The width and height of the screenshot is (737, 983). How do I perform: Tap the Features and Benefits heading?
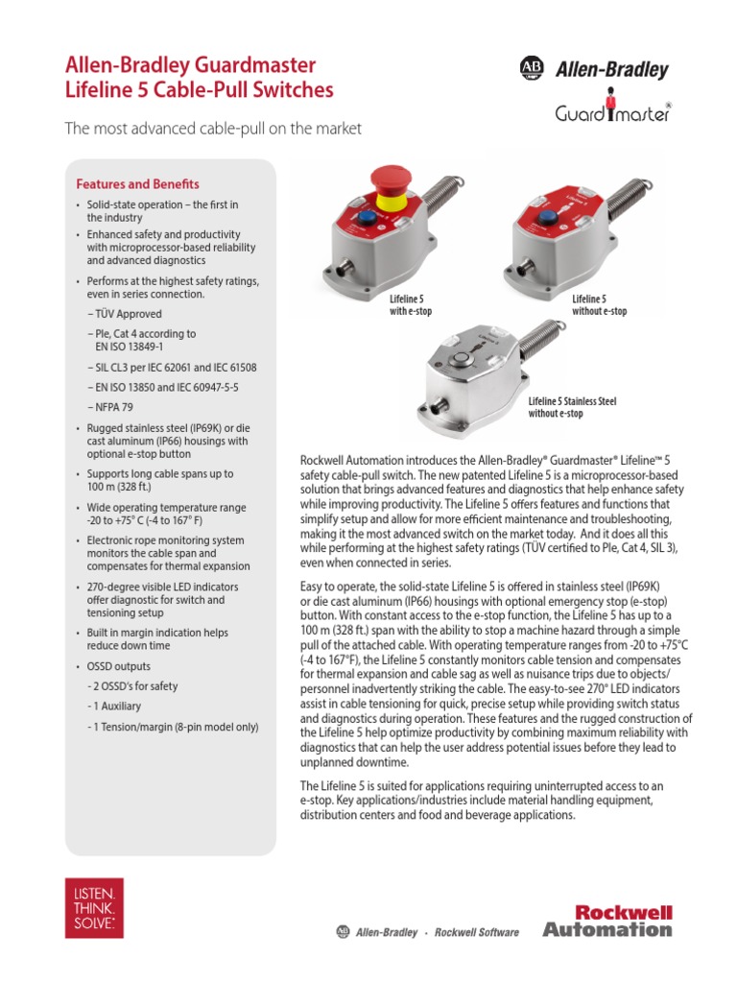(x=137, y=183)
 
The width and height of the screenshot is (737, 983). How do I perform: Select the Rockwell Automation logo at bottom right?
(x=607, y=920)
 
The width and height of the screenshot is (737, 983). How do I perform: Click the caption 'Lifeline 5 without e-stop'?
(x=599, y=305)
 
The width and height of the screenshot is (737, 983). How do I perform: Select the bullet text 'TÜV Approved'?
(x=128, y=314)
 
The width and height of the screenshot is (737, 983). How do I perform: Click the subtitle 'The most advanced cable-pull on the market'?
(x=212, y=129)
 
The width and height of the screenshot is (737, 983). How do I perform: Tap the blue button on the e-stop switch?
(x=366, y=219)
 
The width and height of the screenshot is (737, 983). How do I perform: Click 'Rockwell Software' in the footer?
(x=477, y=932)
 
